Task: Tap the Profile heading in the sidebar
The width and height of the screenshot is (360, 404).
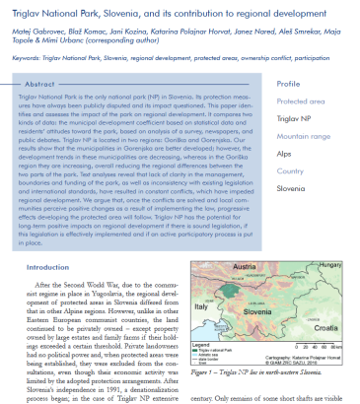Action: (289, 85)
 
